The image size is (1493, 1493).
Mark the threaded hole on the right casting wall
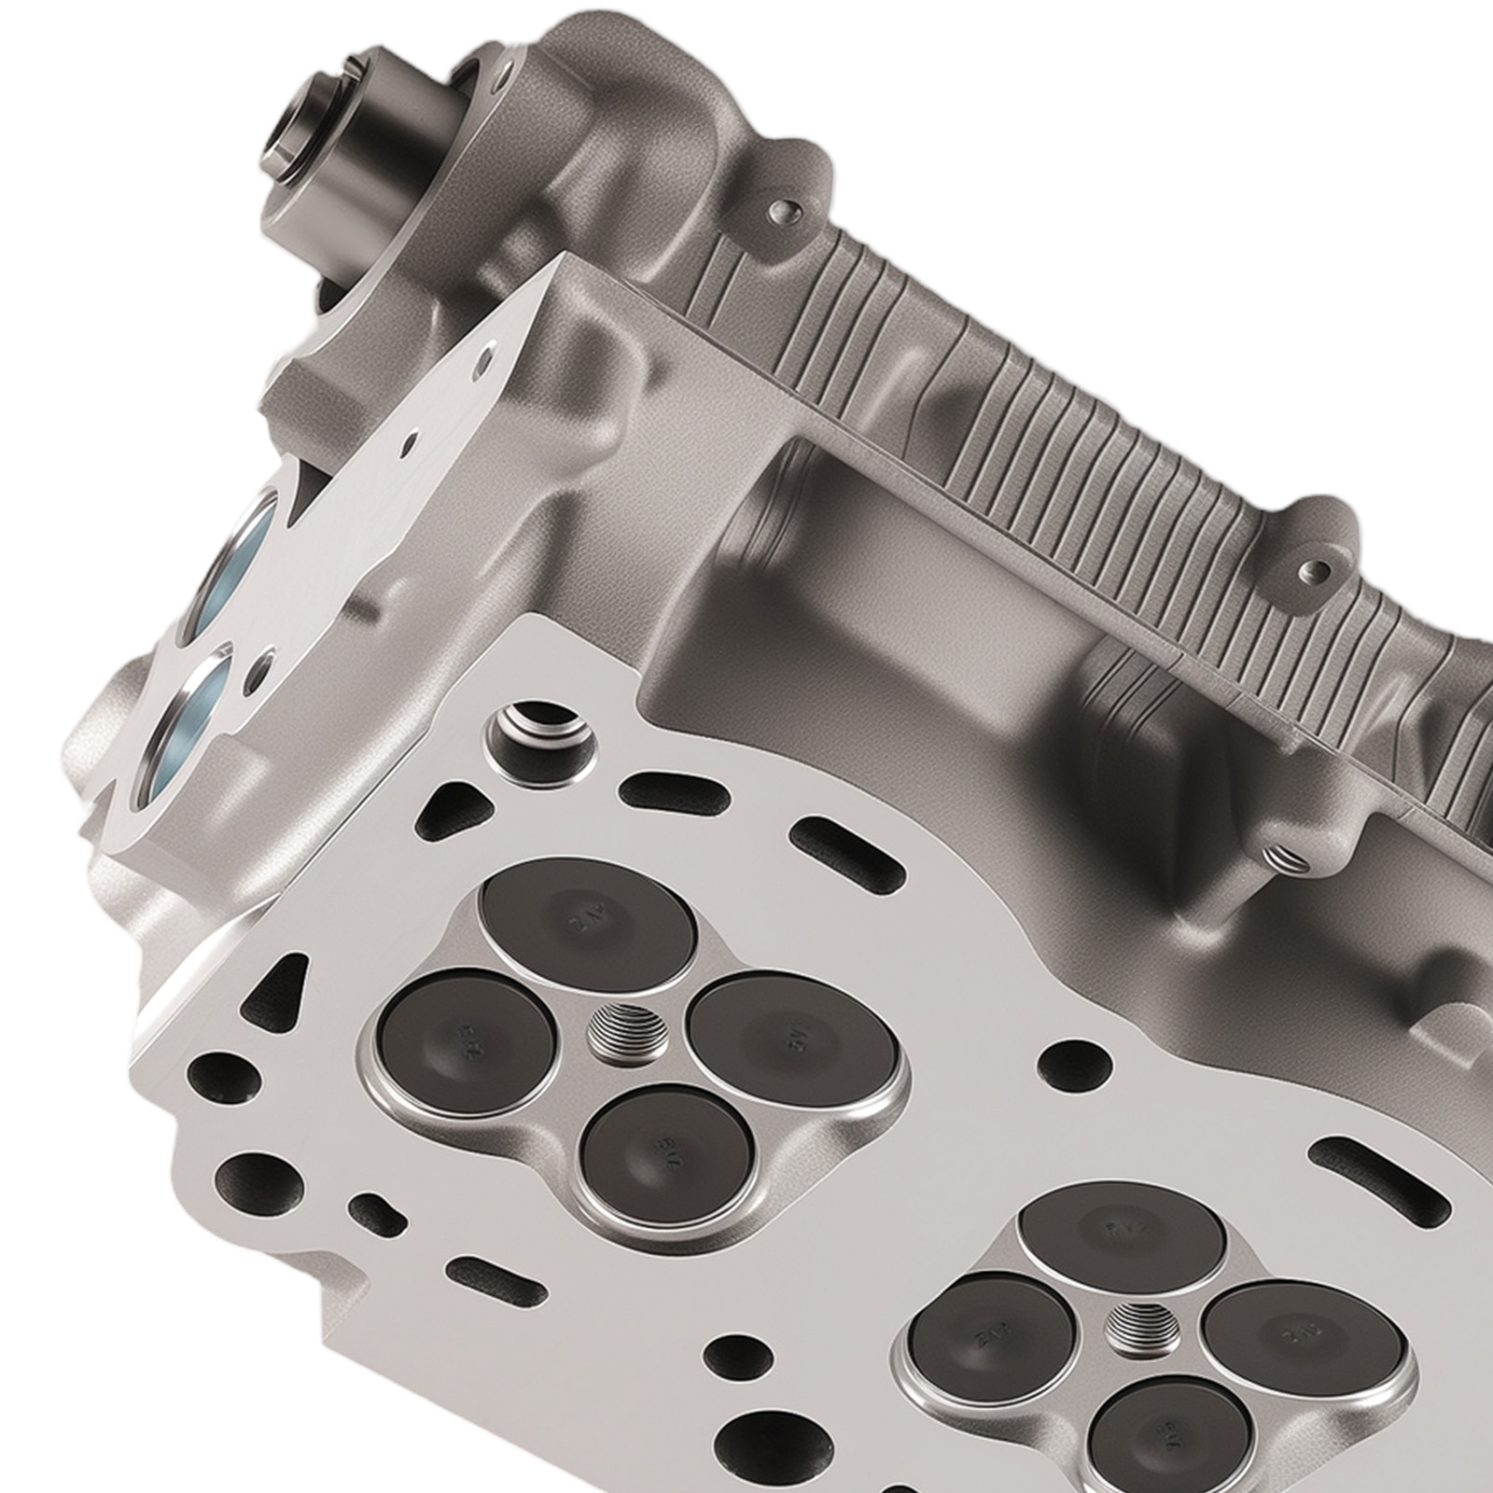1280,851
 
